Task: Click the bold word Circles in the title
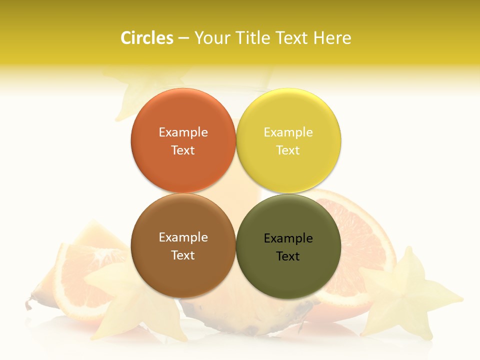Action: (146, 38)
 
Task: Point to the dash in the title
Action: (183, 38)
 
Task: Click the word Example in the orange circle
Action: (183, 132)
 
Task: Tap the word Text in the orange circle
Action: (183, 150)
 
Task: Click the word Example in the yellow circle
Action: (288, 132)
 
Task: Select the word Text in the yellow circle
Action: (288, 150)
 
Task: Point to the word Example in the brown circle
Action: (183, 237)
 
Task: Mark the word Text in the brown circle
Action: (183, 255)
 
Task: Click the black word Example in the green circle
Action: (288, 238)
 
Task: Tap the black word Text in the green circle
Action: (288, 256)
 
